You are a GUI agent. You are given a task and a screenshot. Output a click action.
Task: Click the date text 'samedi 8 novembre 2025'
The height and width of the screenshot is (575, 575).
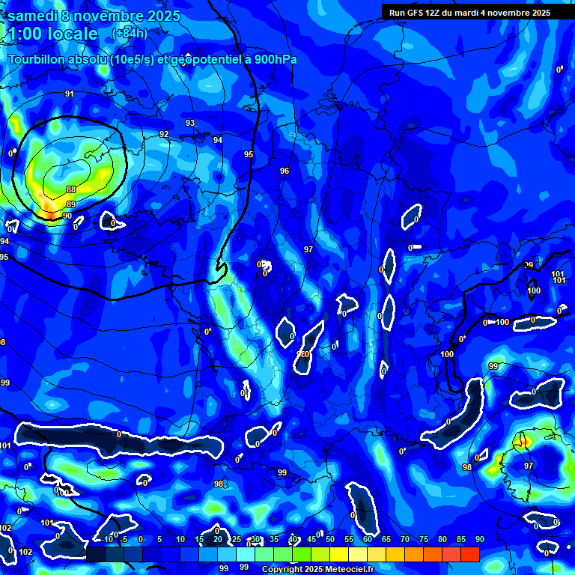tap(85, 14)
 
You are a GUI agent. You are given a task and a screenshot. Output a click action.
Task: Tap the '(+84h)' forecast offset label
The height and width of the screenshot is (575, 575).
tap(130, 33)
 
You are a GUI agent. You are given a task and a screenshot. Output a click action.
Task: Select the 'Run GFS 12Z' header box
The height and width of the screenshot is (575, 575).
tap(469, 12)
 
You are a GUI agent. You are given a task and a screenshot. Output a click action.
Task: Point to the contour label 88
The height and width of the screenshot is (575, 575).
tap(71, 189)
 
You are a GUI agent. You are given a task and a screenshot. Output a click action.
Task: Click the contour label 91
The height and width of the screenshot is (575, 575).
tap(69, 94)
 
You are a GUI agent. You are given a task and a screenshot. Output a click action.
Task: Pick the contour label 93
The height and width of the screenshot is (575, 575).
tap(190, 123)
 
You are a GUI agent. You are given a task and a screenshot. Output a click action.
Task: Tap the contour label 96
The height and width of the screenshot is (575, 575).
tap(285, 171)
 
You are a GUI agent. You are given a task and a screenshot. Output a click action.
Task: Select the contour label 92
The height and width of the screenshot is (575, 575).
tap(164, 134)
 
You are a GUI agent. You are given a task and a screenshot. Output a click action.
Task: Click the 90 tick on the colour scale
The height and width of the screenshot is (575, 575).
tap(479, 539)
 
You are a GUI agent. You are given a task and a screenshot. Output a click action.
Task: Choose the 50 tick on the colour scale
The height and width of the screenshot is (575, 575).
tap(329, 539)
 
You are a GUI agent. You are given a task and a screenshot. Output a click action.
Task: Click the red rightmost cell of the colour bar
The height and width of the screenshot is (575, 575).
tap(469, 554)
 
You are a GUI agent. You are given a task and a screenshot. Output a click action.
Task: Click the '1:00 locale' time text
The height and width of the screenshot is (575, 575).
tap(52, 34)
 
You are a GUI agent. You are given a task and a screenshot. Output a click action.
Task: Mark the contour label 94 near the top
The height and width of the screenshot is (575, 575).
tap(217, 140)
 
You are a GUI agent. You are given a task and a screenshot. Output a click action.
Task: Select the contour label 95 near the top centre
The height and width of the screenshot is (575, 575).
tap(249, 154)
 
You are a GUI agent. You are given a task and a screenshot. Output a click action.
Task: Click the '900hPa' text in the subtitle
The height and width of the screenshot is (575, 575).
tap(276, 60)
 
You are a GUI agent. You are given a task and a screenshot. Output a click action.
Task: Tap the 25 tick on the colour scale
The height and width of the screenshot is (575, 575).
tap(236, 539)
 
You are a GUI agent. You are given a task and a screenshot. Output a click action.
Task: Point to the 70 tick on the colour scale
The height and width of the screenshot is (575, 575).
tap(404, 539)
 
